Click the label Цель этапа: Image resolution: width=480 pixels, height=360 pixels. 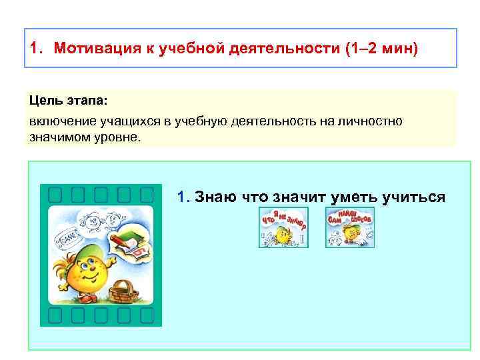pos(67,99)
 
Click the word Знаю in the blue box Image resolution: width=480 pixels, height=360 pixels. pos(213,197)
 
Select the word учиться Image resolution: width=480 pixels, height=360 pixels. pos(413,197)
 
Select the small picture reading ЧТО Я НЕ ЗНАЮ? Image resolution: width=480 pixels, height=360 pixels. pos(283,227)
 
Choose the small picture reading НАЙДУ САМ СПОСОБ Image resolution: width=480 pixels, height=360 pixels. pos(350,227)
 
